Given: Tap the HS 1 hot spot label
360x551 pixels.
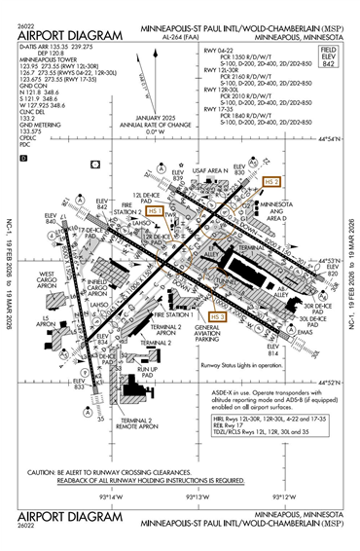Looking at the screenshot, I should (x=155, y=210).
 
